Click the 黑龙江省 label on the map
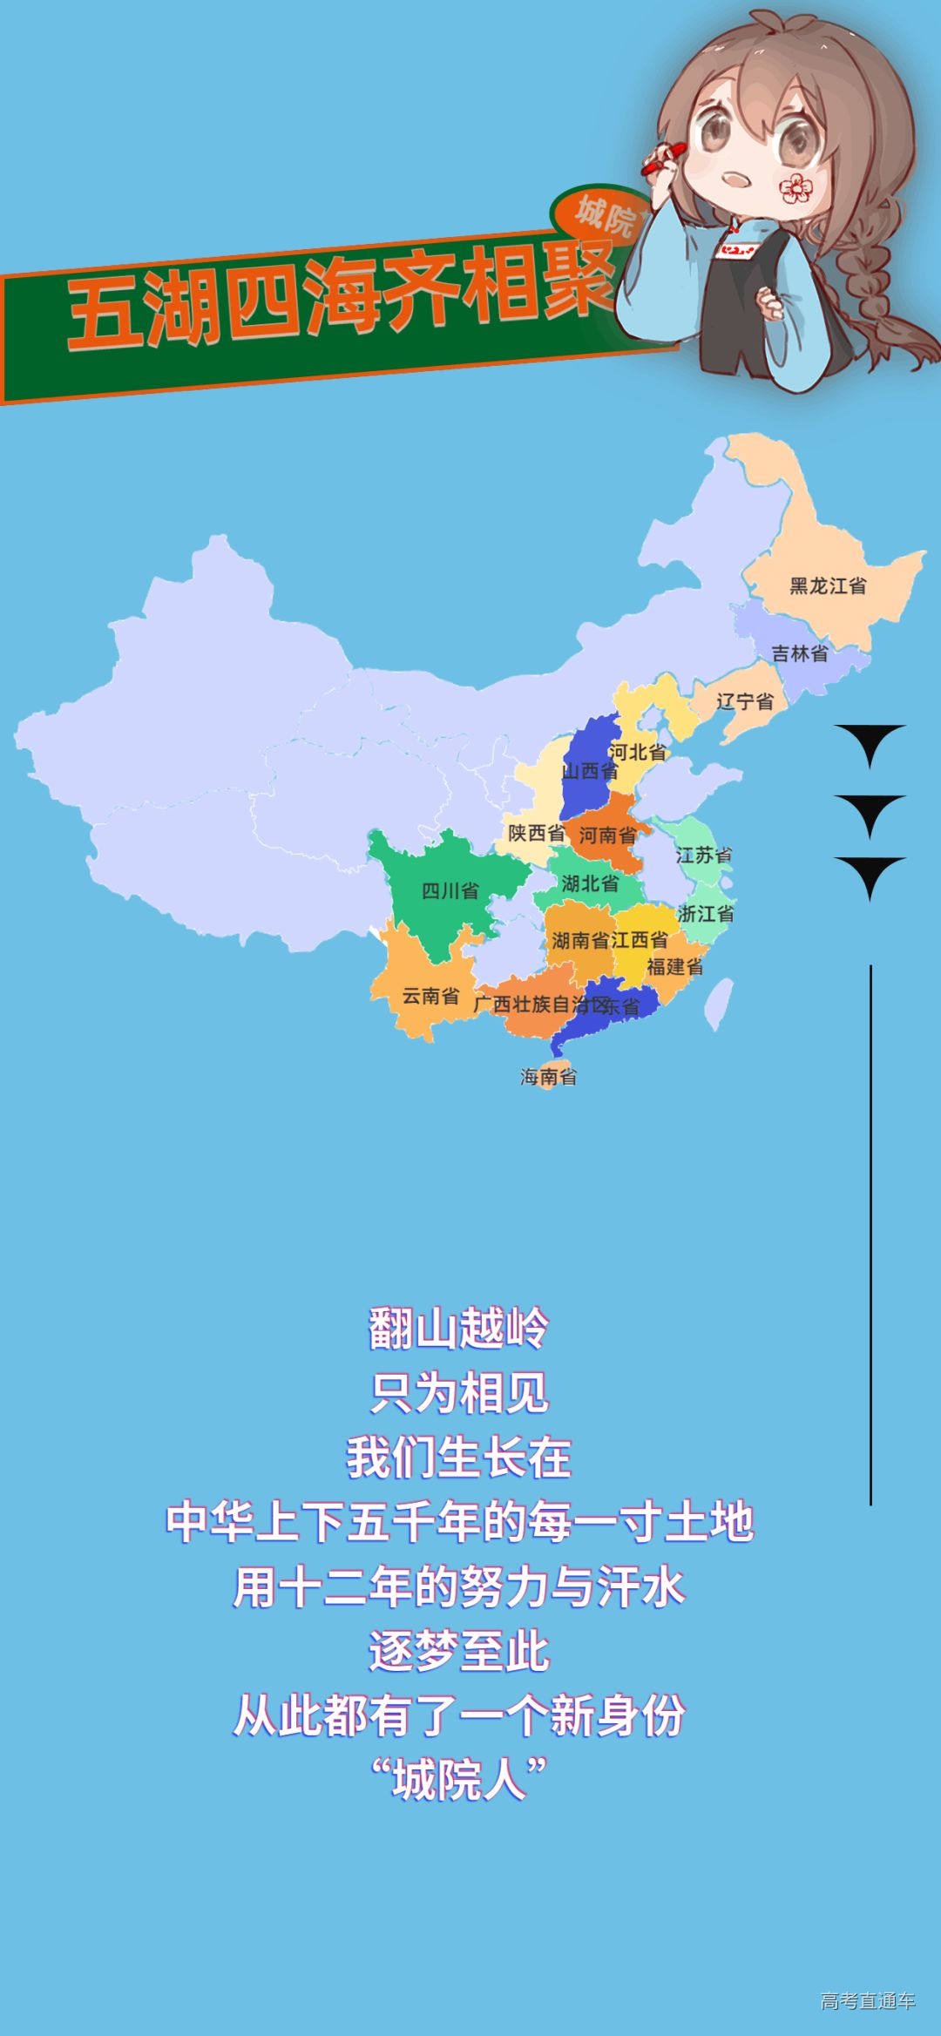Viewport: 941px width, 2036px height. [x=828, y=585]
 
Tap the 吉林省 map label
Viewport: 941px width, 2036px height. [x=799, y=653]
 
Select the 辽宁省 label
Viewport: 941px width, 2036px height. [x=744, y=701]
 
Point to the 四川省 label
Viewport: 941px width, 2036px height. [x=450, y=890]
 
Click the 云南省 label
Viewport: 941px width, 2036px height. [x=430, y=996]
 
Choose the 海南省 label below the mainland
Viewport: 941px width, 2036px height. [x=548, y=1077]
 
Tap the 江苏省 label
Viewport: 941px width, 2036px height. [x=703, y=856]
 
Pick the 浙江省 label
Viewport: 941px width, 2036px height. [x=705, y=914]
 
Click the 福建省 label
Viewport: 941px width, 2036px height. [x=674, y=966]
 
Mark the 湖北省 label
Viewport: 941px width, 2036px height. [x=590, y=883]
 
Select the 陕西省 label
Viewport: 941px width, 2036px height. [x=536, y=833]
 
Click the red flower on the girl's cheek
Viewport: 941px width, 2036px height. [x=795, y=187]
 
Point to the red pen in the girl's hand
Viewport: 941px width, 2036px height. [x=662, y=159]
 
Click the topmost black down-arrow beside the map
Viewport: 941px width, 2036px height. [x=870, y=742]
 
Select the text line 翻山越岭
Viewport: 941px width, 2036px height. [x=458, y=1329]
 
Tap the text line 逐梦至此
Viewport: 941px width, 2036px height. [x=458, y=1651]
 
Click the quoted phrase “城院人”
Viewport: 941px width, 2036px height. [x=458, y=1780]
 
